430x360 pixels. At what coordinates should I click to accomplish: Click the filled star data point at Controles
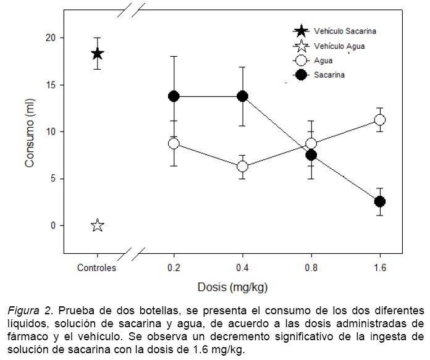click(97, 54)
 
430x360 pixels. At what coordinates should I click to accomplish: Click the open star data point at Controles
click(97, 225)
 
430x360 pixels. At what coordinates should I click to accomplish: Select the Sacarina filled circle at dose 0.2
click(174, 96)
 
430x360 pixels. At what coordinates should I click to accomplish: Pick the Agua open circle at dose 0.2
click(174, 143)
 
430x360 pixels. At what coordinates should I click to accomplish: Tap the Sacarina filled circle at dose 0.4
click(242, 96)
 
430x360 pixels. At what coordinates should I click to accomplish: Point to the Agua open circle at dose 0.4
click(242, 166)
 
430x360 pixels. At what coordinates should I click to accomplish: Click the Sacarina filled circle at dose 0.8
click(311, 155)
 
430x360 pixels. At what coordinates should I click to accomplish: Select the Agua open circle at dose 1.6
click(380, 120)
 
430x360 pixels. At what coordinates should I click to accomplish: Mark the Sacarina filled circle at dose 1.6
click(380, 201)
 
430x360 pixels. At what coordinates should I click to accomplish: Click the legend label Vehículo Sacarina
click(345, 30)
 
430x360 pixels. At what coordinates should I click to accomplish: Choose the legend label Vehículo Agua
click(339, 46)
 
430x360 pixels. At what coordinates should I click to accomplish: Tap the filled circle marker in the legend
click(301, 75)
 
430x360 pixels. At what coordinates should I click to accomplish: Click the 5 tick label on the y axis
click(53, 178)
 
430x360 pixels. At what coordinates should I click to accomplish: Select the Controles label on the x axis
click(97, 268)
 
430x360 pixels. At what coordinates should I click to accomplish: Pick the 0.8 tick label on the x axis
click(311, 268)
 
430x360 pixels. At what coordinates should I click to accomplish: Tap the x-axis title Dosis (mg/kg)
click(232, 287)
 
